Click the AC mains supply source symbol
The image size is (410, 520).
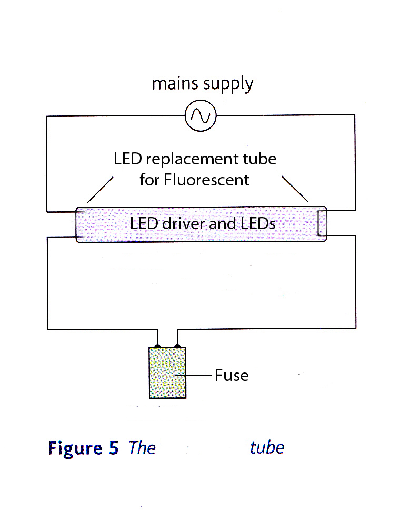point(201,115)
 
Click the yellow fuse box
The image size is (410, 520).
point(167,373)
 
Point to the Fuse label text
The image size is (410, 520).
point(231,375)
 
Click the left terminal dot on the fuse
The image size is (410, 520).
point(157,346)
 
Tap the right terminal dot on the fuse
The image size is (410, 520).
point(177,346)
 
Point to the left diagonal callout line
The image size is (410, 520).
point(100,190)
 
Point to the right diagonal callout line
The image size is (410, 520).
point(295,189)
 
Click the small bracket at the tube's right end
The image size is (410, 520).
point(321,224)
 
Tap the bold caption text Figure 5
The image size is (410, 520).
point(83,448)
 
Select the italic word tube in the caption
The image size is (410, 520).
point(267,447)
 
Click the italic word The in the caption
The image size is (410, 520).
point(142,448)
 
